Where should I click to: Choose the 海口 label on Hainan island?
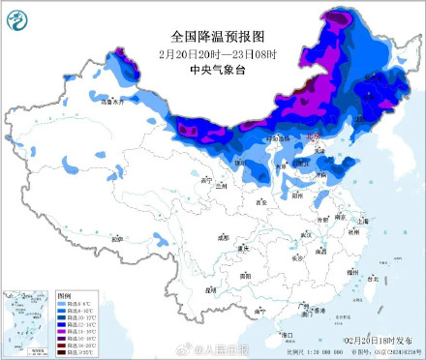286,334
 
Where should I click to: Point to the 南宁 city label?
259,312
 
